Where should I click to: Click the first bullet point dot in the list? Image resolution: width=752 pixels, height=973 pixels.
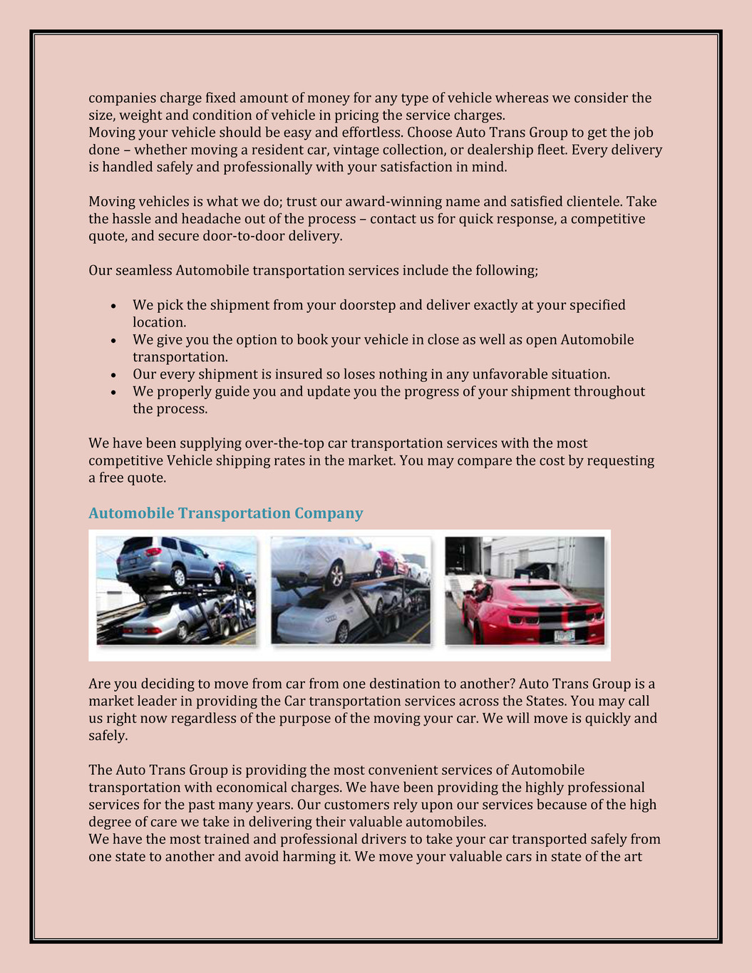tap(113, 306)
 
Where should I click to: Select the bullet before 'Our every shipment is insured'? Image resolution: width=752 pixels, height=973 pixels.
tap(113, 375)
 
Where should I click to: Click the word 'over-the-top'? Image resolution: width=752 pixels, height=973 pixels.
tap(284, 443)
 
